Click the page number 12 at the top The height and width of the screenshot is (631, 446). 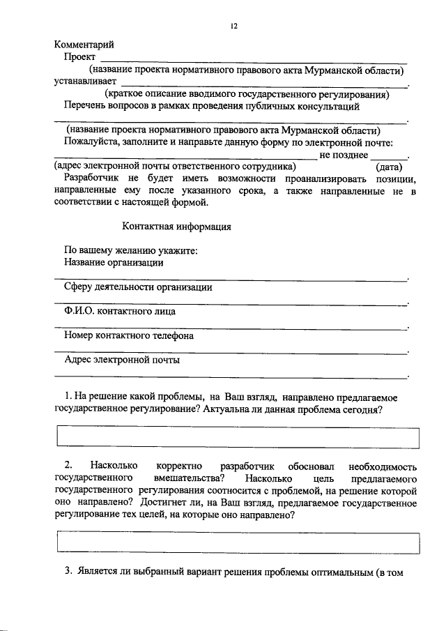point(234,26)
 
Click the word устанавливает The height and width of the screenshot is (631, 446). point(86,82)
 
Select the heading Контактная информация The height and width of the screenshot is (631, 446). point(176,227)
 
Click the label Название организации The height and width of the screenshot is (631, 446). point(114,263)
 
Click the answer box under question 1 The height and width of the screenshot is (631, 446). point(237,438)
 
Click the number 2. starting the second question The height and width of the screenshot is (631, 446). point(68,465)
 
